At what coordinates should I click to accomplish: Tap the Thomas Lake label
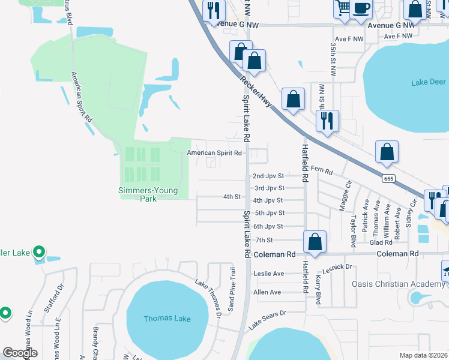167,319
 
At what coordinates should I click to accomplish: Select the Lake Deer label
429,82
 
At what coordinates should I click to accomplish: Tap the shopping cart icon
343,8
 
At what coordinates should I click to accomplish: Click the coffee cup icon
362,8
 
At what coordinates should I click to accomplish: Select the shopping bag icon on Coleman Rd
315,242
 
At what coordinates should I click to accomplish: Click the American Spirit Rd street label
215,153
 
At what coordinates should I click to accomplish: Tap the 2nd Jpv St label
268,176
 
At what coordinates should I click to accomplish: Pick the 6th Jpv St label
268,226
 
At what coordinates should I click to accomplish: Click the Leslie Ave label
269,274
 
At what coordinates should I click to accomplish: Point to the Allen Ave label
267,292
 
